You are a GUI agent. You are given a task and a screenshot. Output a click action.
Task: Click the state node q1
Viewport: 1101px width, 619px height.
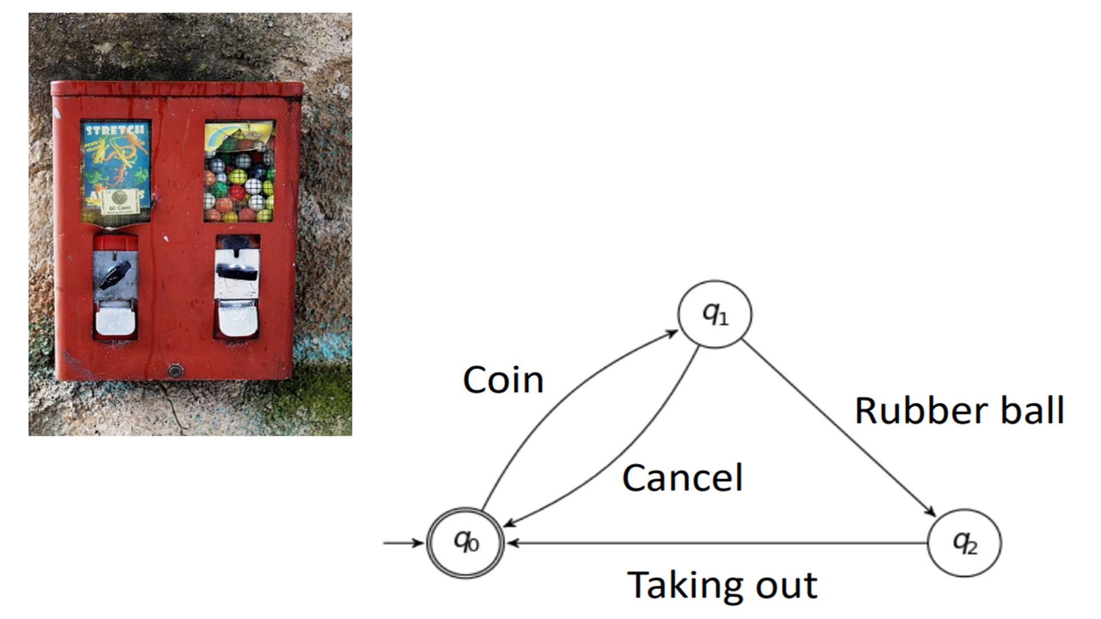pos(715,314)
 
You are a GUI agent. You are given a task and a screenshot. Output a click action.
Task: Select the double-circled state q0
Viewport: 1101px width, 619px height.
pos(466,542)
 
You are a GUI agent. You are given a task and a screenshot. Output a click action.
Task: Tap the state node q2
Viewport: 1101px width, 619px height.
pos(965,542)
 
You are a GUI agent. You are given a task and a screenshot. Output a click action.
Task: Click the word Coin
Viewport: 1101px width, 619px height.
pos(503,380)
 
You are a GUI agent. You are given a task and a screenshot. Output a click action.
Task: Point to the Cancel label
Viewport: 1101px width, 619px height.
pos(682,478)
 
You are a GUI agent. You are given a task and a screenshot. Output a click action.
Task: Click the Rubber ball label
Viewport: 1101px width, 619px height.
pos(959,410)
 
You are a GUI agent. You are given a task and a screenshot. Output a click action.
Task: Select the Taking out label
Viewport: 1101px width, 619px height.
pos(722,585)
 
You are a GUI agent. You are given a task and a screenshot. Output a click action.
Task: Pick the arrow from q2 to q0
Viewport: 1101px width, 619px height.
pos(717,543)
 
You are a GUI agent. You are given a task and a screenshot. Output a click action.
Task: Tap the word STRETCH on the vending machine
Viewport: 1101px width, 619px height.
pos(115,131)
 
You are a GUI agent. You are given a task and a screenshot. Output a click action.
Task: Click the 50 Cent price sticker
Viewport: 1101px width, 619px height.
pos(120,201)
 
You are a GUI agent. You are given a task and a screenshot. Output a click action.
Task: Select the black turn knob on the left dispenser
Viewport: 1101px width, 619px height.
pos(115,274)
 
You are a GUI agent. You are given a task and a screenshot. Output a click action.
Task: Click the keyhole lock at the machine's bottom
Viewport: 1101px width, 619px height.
pos(175,371)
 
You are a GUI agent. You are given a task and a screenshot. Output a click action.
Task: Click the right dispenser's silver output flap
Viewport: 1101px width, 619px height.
pos(237,319)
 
